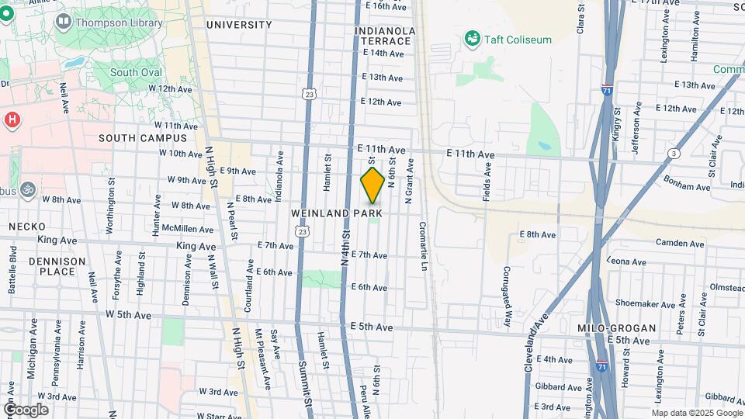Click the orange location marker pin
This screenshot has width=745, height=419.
coord(372,185)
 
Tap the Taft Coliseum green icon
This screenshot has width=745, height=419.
coord(471,38)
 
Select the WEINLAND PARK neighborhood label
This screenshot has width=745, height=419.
coord(338,213)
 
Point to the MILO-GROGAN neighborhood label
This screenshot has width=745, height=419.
coord(617,328)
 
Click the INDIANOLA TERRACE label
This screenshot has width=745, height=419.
coord(384,35)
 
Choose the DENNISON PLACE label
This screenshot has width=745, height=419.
coord(57,266)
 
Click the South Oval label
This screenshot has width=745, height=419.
coord(136,72)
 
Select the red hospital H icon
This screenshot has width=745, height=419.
coord(12,119)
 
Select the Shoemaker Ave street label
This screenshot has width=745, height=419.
coord(639,303)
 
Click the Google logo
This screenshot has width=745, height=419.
coord(26,410)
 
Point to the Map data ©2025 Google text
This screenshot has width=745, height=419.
coord(696,412)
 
